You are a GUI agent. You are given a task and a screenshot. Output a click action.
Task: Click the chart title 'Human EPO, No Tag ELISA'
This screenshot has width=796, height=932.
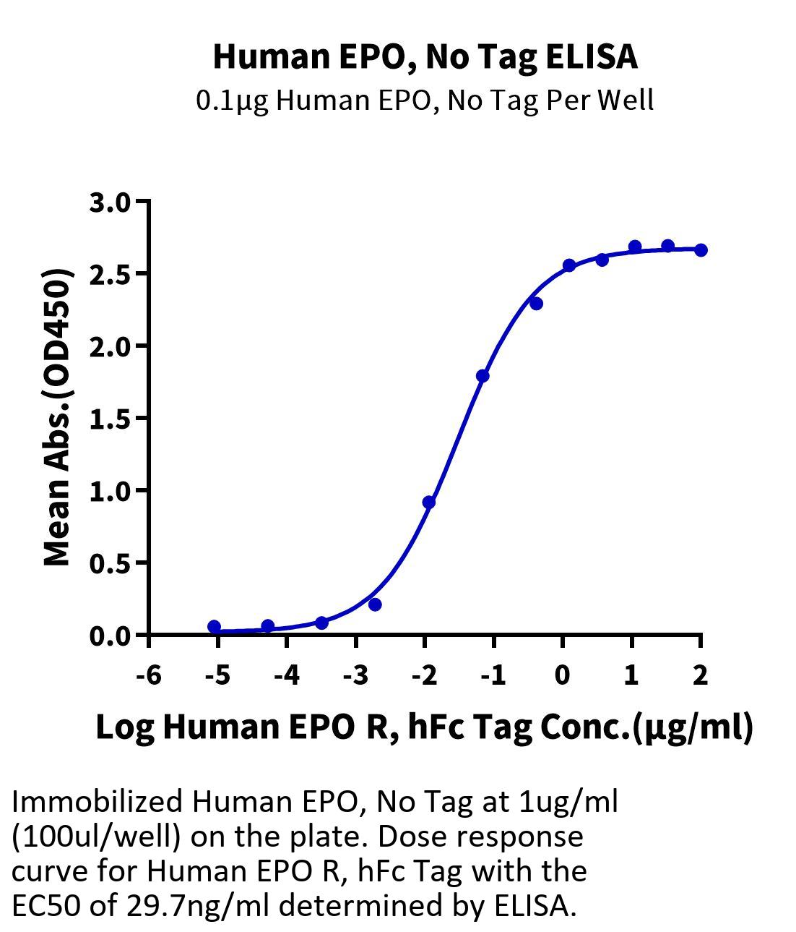(x=425, y=57)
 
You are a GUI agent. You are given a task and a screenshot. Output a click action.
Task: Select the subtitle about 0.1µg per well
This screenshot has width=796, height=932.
(x=425, y=101)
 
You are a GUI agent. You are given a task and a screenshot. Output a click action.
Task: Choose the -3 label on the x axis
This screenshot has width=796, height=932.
(x=355, y=675)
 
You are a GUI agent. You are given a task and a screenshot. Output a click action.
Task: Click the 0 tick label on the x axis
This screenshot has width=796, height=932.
(x=562, y=675)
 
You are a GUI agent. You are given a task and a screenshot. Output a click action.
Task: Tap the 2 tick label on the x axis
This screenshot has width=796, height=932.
(x=700, y=675)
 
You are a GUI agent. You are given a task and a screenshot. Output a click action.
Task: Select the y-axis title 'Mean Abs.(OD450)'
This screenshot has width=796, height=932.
(x=59, y=417)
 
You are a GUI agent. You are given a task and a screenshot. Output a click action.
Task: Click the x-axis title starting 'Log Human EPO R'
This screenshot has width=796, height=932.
(x=424, y=727)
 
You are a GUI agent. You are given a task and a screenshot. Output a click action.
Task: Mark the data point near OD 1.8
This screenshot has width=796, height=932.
(x=483, y=376)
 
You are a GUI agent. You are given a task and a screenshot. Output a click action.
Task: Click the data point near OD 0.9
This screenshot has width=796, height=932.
(x=428, y=502)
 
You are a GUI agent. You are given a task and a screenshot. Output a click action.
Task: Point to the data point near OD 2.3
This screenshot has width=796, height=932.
(x=536, y=304)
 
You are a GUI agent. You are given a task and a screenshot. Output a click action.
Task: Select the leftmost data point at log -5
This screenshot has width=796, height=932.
(x=214, y=627)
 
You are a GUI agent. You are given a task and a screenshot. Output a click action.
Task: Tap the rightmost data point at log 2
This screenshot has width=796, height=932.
(x=700, y=250)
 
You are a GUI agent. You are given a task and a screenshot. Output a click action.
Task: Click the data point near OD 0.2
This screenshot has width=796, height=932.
(x=374, y=604)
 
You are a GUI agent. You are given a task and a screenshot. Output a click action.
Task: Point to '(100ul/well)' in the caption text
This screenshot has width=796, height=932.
(x=95, y=837)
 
